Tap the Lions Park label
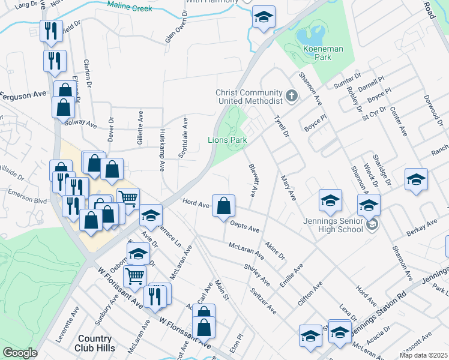228,140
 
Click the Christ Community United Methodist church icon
291,95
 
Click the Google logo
20,352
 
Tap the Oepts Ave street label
245,226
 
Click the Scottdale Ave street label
183,138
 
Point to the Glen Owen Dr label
178,30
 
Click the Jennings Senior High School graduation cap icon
372,225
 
